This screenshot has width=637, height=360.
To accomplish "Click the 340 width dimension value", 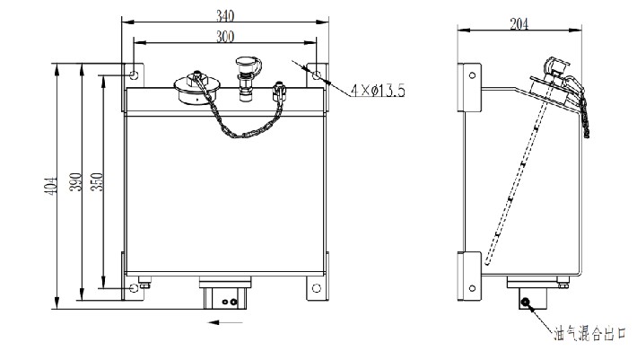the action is (225, 15).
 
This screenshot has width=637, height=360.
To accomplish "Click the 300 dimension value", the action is (225, 37).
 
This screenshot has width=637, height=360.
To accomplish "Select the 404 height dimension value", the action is (52, 185).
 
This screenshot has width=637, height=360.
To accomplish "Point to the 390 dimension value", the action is (76, 181).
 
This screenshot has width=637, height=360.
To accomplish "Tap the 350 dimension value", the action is (98, 181).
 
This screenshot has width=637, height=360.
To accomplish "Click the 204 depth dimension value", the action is (519, 24).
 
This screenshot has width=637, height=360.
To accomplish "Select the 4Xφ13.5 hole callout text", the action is (378, 90).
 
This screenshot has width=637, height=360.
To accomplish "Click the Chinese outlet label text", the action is (589, 334).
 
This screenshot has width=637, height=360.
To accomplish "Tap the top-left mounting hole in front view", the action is (134, 75).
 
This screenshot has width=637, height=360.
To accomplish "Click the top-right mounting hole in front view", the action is (317, 75).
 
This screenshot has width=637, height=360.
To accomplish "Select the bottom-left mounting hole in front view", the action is (134, 288).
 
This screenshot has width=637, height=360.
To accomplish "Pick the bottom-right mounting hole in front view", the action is (317, 288).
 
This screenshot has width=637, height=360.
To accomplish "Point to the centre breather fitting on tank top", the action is (247, 78).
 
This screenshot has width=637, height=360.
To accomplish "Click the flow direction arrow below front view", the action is (225, 322).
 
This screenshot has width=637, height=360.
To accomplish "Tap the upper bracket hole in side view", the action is (472, 75).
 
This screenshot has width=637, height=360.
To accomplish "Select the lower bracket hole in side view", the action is (472, 288).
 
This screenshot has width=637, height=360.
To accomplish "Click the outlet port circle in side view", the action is (526, 302).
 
